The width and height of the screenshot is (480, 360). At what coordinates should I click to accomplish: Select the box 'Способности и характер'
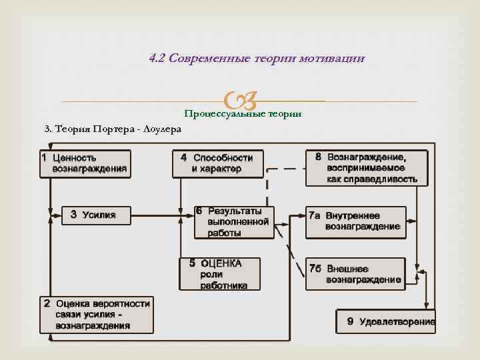pos(217,163)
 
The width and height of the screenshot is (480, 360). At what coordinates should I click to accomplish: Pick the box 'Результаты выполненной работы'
pos(233,222)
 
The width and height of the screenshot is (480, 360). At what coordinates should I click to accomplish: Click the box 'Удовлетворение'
pos(385,322)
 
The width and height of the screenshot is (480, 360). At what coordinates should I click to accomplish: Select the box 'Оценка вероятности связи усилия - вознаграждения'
pos(97,315)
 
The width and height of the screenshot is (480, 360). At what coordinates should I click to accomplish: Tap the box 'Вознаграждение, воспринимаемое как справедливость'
pos(367,167)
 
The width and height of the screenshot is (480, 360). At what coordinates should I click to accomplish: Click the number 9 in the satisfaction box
pos(351,322)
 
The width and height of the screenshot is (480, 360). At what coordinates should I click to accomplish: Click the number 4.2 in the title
pos(158,58)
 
